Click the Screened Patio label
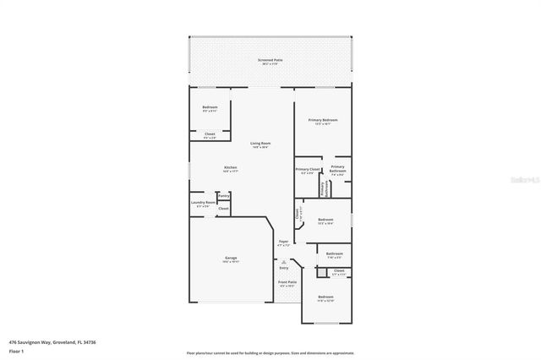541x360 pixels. [270, 61]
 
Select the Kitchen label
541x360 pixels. [230, 167]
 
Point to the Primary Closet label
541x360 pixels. [308, 170]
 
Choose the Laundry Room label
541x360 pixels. [202, 203]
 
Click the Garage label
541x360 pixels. [231, 258]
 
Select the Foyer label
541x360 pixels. [283, 243]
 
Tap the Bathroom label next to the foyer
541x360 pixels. [334, 254]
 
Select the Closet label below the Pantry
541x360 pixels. [224, 208]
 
